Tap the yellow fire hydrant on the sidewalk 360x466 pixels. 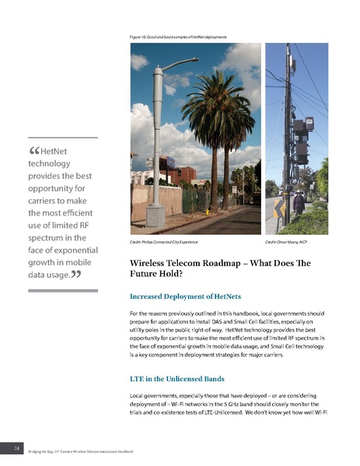coord(208,210)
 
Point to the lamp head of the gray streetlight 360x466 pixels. coord(186,60)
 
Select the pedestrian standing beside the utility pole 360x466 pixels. coord(299,203)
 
